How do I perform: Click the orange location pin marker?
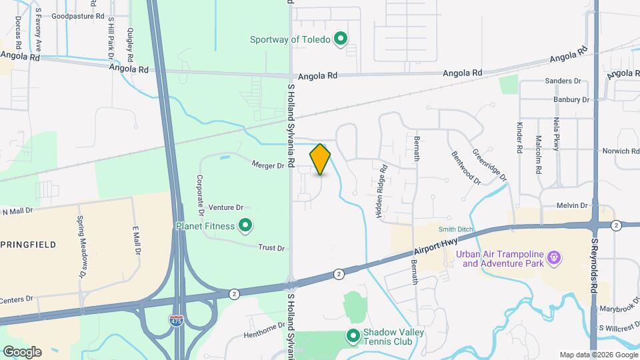click(321, 159)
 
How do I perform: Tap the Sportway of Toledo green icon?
click(341, 39)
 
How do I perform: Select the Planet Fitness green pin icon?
click(245, 226)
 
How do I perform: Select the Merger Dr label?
click(268, 164)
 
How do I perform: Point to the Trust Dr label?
click(271, 247)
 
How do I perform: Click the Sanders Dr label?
click(563, 81)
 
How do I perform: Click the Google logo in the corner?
click(22, 351)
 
